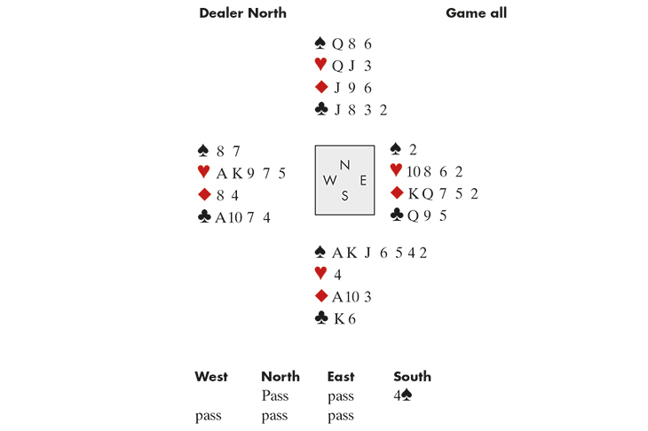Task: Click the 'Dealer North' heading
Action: [x=242, y=13]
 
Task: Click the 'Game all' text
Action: [x=476, y=13]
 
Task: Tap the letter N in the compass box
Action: [x=344, y=164]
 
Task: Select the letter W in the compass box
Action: [x=329, y=180]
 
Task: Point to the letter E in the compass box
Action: [x=362, y=180]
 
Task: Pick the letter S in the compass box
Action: [x=344, y=196]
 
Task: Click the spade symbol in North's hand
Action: [x=321, y=43]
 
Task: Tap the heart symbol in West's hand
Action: [x=205, y=173]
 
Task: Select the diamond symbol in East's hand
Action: [x=398, y=193]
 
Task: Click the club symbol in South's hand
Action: [x=321, y=317]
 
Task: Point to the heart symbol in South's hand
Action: [x=321, y=274]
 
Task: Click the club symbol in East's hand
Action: [x=398, y=215]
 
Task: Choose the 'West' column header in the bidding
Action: [x=211, y=377]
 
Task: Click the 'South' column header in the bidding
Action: [x=412, y=377]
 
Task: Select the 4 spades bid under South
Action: [x=402, y=396]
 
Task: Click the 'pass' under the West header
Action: [x=209, y=415]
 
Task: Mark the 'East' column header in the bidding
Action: [x=341, y=377]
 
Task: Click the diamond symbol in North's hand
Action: [x=321, y=87]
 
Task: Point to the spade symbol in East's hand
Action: [x=398, y=149]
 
